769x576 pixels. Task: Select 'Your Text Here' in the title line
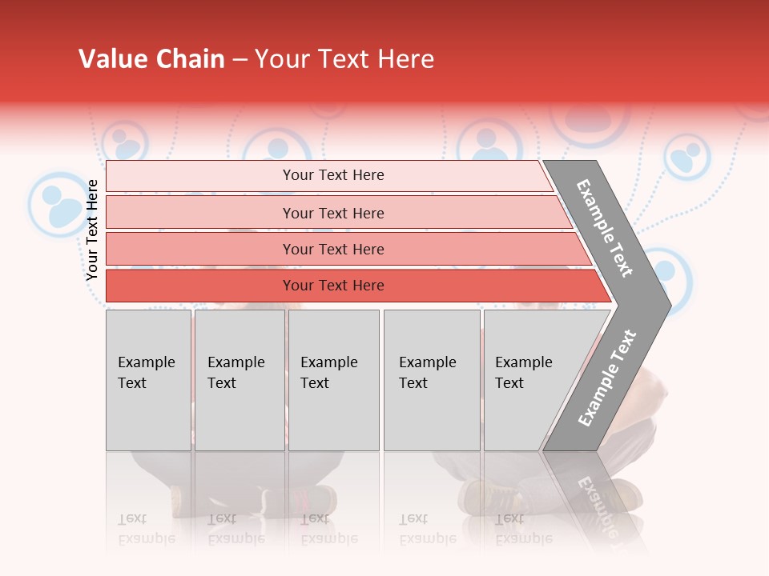[x=344, y=59]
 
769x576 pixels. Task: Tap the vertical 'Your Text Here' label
[x=92, y=230]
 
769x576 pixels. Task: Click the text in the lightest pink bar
[x=333, y=175]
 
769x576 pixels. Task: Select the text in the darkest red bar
[x=333, y=286]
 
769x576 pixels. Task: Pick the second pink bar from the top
[x=333, y=213]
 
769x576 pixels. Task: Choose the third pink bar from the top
[x=333, y=250]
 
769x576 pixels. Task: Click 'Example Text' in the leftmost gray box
[x=146, y=373]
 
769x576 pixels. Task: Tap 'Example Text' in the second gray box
[x=236, y=373]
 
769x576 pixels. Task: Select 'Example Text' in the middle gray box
[x=328, y=373]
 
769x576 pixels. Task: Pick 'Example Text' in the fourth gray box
[x=427, y=373]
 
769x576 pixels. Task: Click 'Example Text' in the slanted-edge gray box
[x=523, y=373]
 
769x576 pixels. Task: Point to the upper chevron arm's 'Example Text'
[x=605, y=228]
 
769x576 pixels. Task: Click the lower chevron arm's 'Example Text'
[x=607, y=378]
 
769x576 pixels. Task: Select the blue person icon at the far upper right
[x=686, y=156]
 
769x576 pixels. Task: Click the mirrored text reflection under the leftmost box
[x=146, y=528]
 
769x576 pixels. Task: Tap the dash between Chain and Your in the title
[x=240, y=60]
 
